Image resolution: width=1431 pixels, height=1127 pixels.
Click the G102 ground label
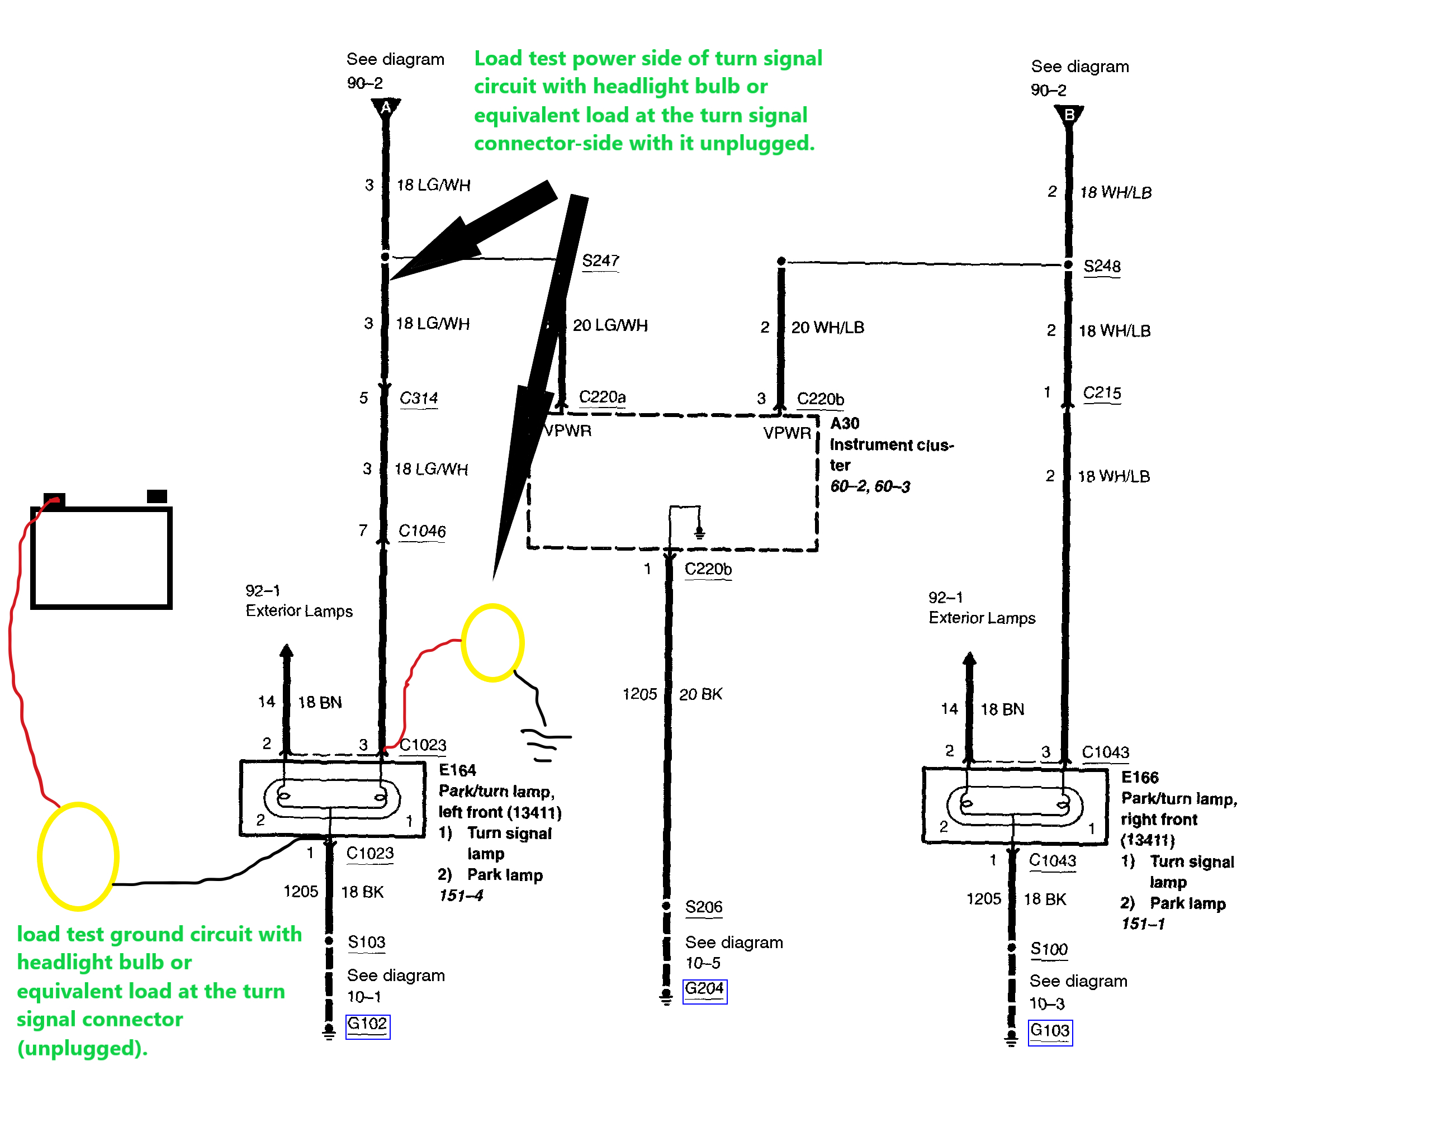tap(367, 1024)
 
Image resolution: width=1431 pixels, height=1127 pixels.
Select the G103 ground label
tap(1049, 1031)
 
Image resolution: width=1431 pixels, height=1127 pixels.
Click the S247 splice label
tap(600, 261)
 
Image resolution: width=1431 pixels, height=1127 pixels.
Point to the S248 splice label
tap(1102, 267)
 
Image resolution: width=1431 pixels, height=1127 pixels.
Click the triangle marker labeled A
tap(386, 108)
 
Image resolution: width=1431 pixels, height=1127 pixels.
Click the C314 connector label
tap(418, 399)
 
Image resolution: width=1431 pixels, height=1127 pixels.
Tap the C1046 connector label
tap(421, 531)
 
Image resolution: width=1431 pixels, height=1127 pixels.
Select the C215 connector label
tap(1102, 393)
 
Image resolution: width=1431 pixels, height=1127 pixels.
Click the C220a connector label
tap(601, 397)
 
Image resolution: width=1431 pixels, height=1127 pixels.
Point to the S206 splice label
tap(703, 907)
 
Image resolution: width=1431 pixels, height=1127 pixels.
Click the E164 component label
tap(457, 770)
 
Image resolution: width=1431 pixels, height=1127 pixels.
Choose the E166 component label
tap(1139, 777)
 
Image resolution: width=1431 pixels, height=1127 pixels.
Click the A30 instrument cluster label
tap(845, 424)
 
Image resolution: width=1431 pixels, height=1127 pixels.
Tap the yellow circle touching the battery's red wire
tap(78, 856)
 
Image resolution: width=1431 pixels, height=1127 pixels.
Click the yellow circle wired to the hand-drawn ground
tap(492, 643)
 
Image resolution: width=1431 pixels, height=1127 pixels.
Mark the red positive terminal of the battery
tap(54, 500)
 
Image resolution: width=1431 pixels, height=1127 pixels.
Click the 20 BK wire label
tap(700, 694)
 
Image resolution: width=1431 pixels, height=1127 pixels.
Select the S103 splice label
tap(366, 943)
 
